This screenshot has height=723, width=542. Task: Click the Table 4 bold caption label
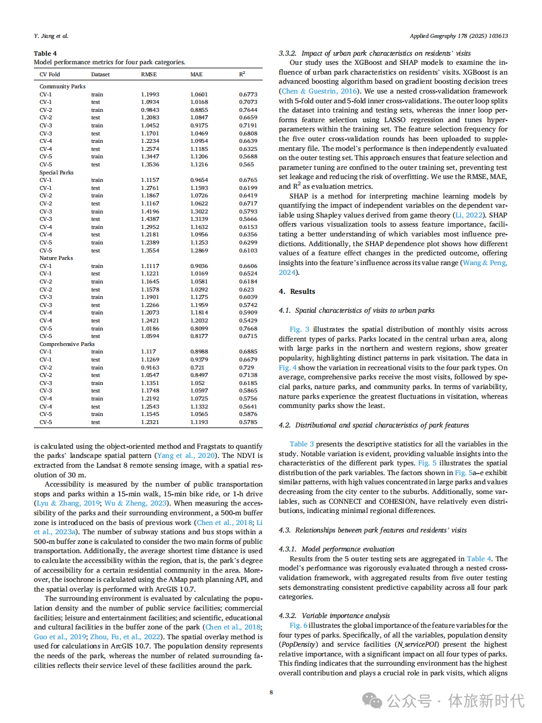[x=45, y=53]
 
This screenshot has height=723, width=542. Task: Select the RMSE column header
[x=149, y=75]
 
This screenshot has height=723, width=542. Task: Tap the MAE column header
[x=196, y=75]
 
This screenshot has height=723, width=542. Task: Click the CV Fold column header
[x=49, y=75]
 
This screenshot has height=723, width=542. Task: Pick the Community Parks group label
[x=63, y=87]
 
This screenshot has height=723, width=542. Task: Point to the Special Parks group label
[x=56, y=172]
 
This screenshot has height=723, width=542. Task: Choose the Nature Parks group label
[x=56, y=258]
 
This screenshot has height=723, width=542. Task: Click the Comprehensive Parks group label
[x=67, y=344]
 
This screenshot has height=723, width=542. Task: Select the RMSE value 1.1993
[x=150, y=94]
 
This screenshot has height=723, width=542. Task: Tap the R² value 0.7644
[x=248, y=110]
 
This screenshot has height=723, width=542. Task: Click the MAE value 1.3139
[x=200, y=219]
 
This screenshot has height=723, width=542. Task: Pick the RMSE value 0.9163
[x=150, y=367]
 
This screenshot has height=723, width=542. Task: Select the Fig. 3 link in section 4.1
[x=299, y=329]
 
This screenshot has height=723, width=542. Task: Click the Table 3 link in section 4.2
[x=302, y=444]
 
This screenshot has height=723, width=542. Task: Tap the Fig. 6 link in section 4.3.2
[x=299, y=625]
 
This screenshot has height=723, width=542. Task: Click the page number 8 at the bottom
[x=271, y=693]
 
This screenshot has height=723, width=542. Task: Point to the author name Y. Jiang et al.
[x=51, y=36]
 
